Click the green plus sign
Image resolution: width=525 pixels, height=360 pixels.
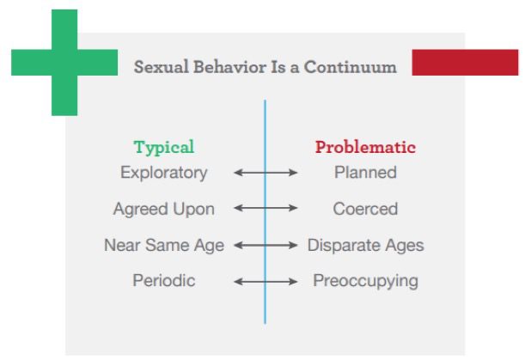click(64, 63)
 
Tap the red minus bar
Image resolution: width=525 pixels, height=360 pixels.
click(465, 63)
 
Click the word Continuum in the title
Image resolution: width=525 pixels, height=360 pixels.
click(351, 67)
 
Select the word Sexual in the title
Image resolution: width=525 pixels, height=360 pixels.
click(162, 67)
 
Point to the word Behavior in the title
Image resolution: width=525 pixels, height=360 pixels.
click(230, 67)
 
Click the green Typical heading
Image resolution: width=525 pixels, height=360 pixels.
click(164, 147)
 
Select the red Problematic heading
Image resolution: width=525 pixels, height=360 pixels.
click(365, 147)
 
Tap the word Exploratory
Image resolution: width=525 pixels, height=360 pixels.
click(164, 174)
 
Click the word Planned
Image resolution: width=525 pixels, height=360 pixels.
click(365, 173)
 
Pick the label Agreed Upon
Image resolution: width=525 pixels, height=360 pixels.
click(164, 210)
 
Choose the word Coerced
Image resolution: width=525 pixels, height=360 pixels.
click(365, 209)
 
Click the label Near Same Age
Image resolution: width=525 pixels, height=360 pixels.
click(164, 246)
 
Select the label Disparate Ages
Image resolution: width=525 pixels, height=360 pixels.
click(366, 246)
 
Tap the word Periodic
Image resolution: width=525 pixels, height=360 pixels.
click(164, 281)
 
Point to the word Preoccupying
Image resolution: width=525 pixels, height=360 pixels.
click(365, 281)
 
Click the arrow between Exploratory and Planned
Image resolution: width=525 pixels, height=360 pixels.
click(266, 173)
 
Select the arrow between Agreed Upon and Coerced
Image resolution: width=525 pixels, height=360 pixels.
click(266, 208)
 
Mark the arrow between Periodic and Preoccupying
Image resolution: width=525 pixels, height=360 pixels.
click(266, 282)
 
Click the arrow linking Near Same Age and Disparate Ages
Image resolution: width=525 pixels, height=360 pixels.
click(266, 246)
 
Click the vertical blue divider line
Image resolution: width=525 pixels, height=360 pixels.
click(266, 211)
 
